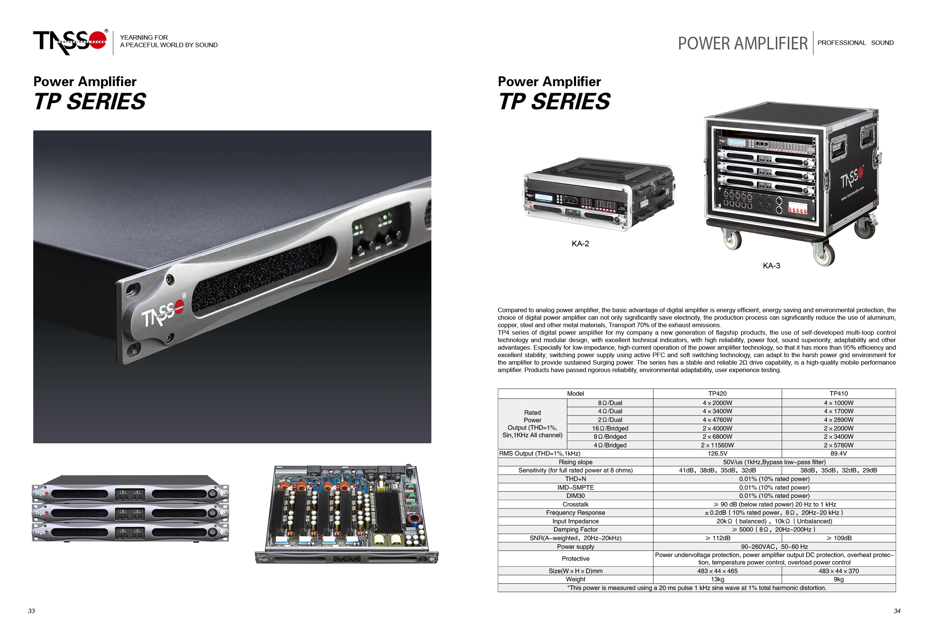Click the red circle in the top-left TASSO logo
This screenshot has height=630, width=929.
[x=97, y=40]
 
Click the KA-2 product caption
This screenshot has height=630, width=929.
[x=580, y=244]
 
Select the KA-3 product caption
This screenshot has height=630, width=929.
[x=771, y=266]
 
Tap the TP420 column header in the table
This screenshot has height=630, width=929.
[x=717, y=393]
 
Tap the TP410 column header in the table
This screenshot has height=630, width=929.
[x=838, y=393]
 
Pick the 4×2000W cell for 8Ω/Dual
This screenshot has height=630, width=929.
[x=717, y=403]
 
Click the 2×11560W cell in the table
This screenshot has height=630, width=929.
[x=717, y=445]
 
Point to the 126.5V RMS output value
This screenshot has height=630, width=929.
[x=717, y=453]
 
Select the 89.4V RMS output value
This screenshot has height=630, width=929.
[x=838, y=453]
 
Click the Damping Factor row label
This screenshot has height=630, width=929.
[x=575, y=529]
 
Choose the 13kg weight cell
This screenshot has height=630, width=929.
[x=717, y=579]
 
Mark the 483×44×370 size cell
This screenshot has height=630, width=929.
[x=838, y=571]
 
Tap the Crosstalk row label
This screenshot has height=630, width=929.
[x=575, y=504]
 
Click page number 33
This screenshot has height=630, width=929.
[x=31, y=611]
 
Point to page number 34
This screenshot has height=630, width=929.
[x=897, y=611]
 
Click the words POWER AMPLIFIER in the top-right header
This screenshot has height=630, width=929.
[x=743, y=43]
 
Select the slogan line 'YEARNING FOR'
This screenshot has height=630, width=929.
[x=144, y=37]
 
